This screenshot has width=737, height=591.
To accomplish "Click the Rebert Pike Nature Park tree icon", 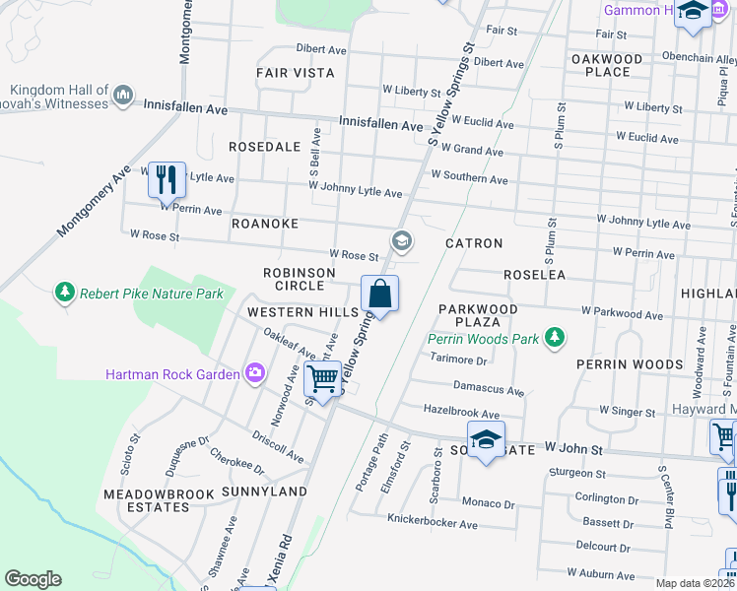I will [x=65, y=293].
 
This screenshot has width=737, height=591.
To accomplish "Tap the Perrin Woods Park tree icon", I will [x=556, y=339].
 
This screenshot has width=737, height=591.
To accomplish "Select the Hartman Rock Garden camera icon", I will [x=255, y=373].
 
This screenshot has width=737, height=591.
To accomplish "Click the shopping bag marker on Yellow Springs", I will [x=379, y=295].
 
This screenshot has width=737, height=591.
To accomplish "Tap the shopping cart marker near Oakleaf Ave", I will [x=322, y=378].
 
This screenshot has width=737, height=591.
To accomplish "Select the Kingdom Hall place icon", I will [x=123, y=96].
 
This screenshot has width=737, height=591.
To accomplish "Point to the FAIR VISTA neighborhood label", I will [x=295, y=73].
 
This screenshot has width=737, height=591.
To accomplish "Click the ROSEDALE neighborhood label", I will [x=264, y=146].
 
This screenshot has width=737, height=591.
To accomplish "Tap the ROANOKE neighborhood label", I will [x=264, y=224].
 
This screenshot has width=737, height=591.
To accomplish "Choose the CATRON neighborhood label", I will [x=474, y=242].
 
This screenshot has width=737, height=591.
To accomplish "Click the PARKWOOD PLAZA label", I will [x=478, y=315].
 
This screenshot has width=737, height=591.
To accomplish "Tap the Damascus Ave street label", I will [x=488, y=389].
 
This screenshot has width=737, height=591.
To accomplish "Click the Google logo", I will [x=33, y=579].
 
